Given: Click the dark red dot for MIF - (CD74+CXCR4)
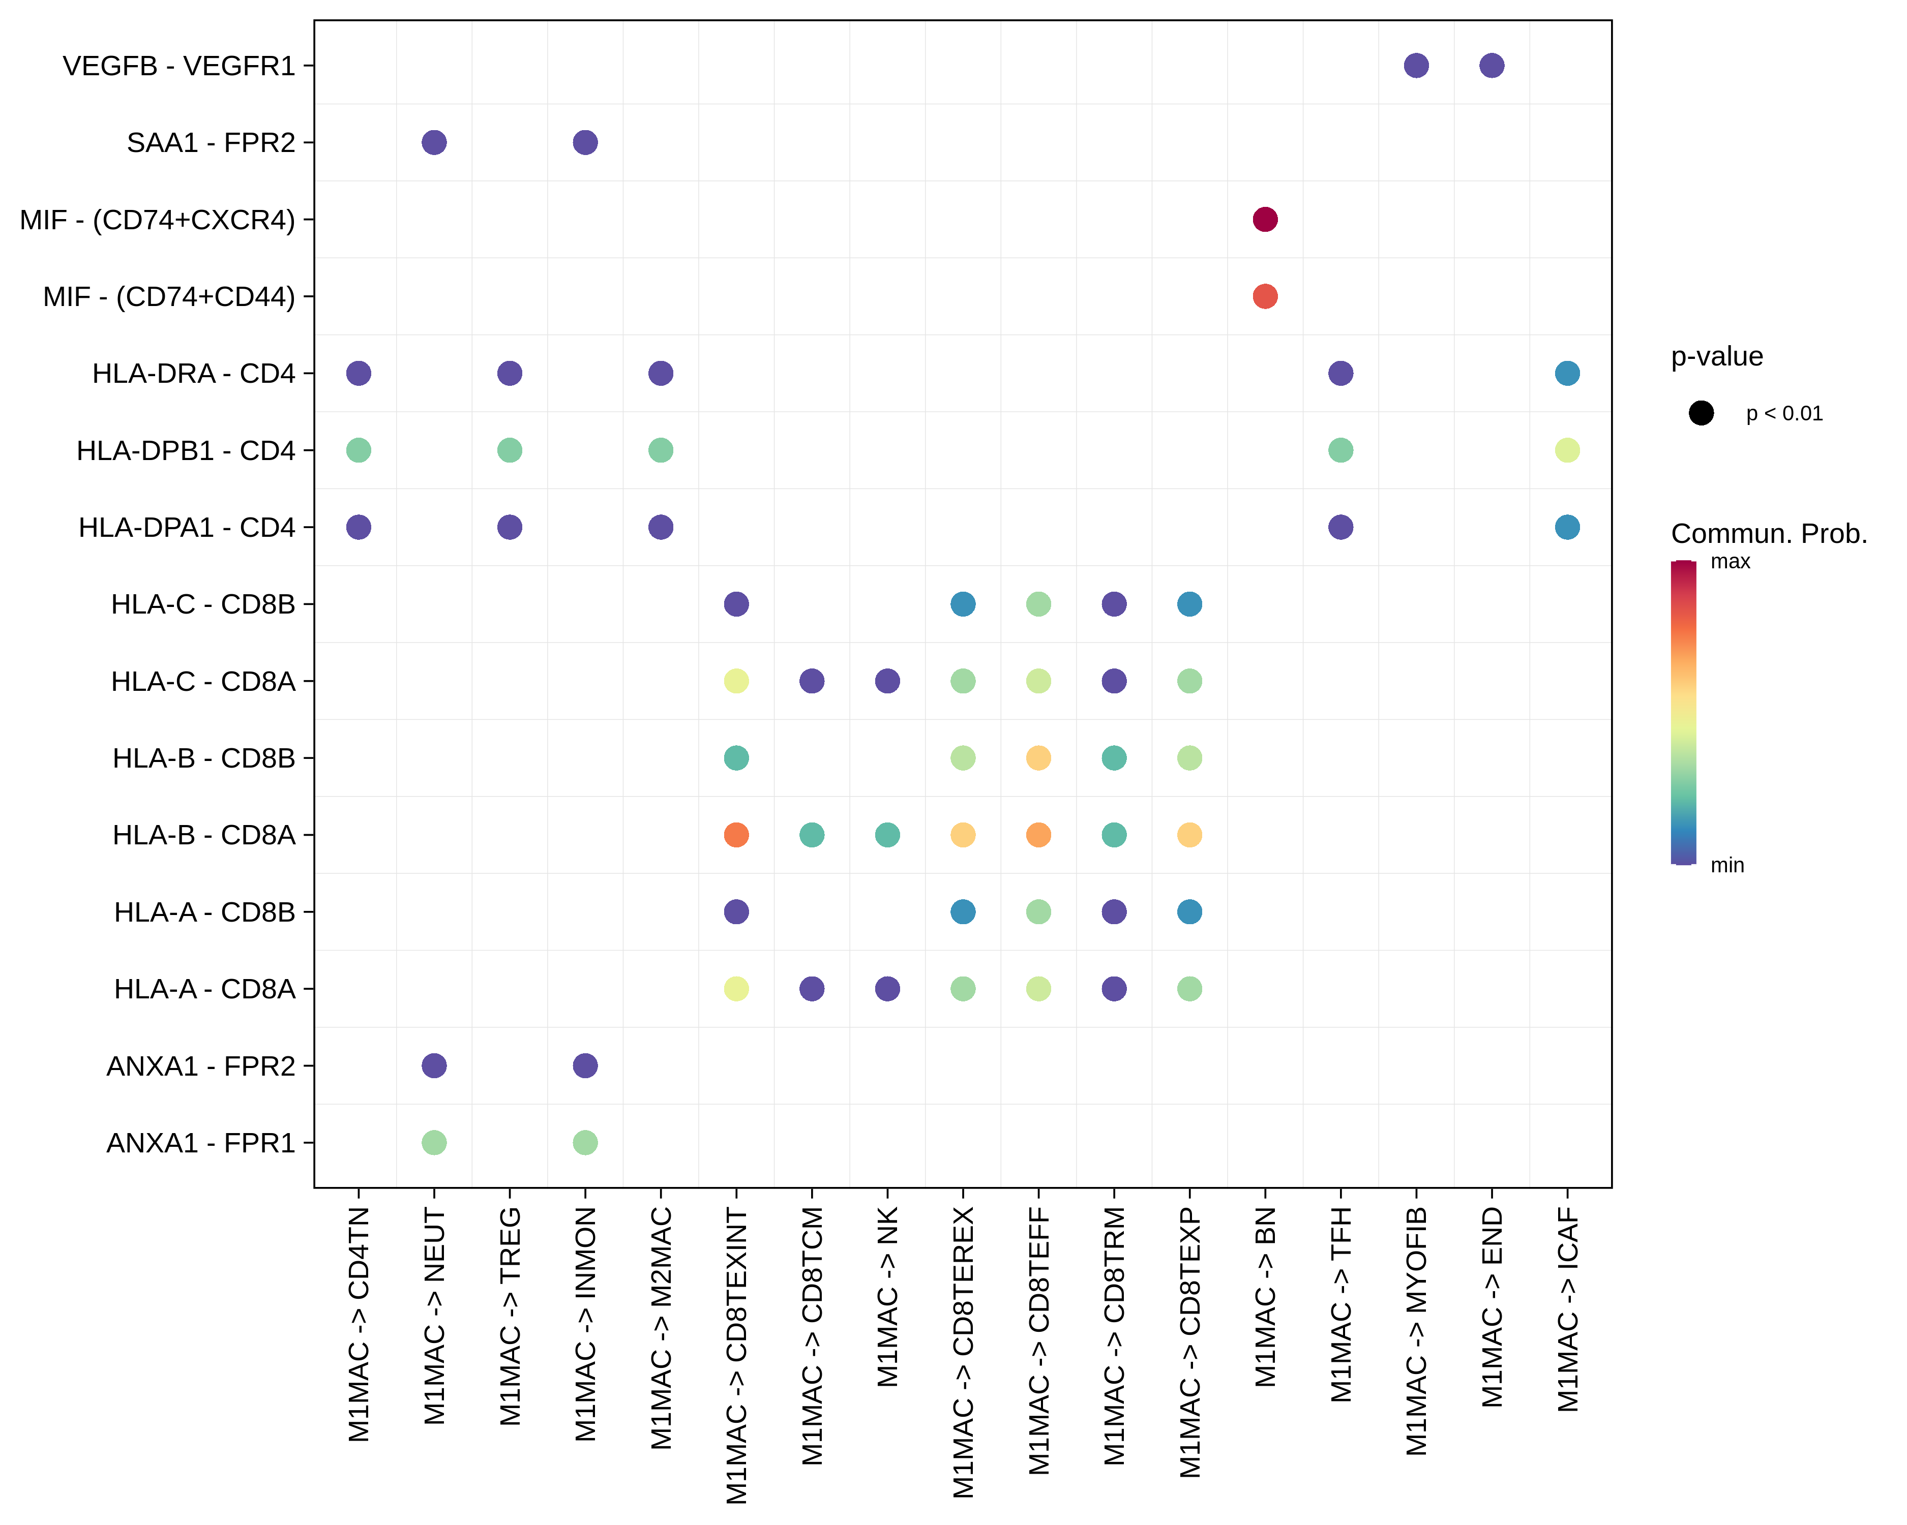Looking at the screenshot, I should pyautogui.click(x=1265, y=219).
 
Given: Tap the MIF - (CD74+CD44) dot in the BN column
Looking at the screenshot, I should pyautogui.click(x=1265, y=296).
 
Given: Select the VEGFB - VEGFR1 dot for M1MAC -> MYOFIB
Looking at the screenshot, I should pyautogui.click(x=1416, y=66).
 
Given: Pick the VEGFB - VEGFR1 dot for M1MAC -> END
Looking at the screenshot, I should pyautogui.click(x=1492, y=66).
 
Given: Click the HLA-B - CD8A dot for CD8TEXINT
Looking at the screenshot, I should pyautogui.click(x=736, y=835).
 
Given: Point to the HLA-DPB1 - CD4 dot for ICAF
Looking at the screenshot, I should pyautogui.click(x=1567, y=450).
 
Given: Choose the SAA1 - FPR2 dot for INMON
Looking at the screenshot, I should pyautogui.click(x=585, y=142).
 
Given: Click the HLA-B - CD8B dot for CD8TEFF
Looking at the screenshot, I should pyautogui.click(x=1038, y=757).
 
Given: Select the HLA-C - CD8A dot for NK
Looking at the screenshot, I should pyautogui.click(x=887, y=681).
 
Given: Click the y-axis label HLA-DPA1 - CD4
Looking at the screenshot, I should pyautogui.click(x=187, y=528).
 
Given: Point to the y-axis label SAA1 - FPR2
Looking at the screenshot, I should pyautogui.click(x=211, y=142).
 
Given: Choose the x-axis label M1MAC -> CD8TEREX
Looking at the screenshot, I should pyautogui.click(x=963, y=1353).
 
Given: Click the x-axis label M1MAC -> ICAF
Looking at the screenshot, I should pyautogui.click(x=1567, y=1310).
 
